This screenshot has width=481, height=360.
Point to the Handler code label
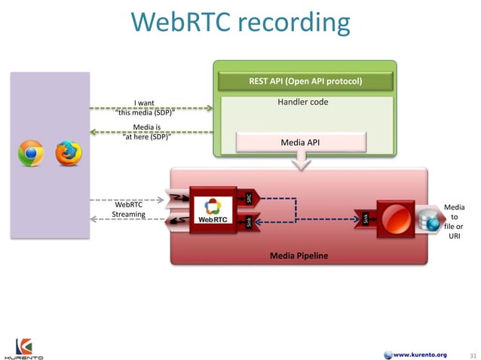303,102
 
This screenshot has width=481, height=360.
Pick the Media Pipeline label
299,256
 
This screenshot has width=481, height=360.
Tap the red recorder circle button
395,218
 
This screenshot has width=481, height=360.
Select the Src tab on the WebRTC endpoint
249,198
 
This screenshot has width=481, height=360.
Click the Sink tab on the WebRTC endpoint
249,221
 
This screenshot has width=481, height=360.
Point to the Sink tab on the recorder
366,219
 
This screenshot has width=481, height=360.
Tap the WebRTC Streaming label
128,209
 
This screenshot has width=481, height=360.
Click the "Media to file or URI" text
454,221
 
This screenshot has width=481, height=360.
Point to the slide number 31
473,355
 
